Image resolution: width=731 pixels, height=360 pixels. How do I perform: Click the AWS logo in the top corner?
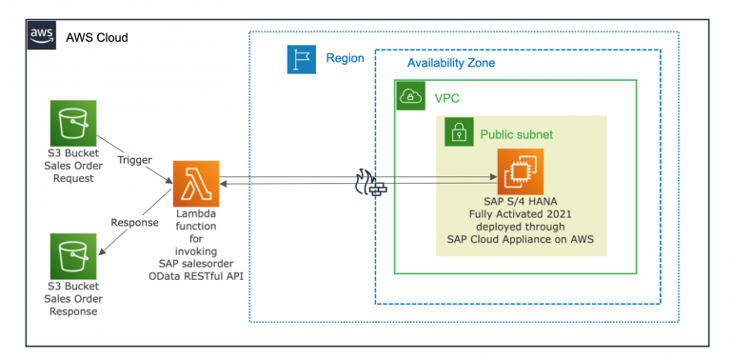41,36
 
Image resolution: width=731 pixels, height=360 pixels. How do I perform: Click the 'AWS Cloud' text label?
96,37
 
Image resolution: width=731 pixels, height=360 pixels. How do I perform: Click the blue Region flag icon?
301,59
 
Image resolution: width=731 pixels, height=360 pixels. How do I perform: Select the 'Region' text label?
345,59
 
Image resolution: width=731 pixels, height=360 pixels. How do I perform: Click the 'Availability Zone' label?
451,63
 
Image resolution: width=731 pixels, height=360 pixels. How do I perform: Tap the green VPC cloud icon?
410,97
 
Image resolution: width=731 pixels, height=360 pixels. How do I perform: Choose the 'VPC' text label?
448,97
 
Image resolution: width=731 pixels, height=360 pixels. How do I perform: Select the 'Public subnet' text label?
516,134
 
